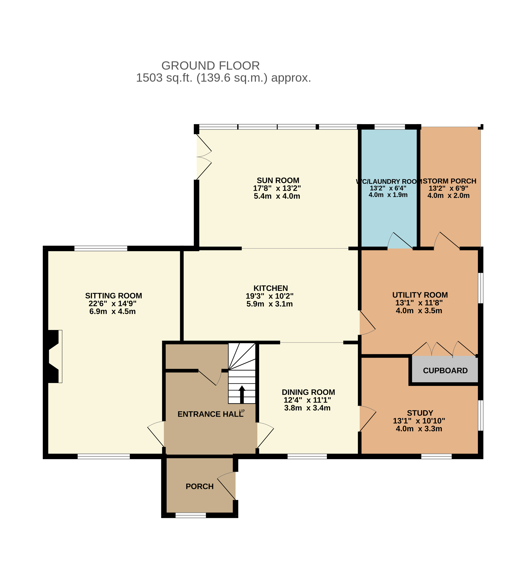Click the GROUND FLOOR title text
tap(210, 66)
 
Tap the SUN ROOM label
tap(278, 180)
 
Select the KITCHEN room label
tap(271, 288)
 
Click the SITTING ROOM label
tap(114, 296)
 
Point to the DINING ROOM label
tap(308, 392)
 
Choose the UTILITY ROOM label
tap(420, 295)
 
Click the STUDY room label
tap(420, 413)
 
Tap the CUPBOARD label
tap(445, 371)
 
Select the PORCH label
tap(200, 486)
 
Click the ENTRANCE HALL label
tap(210, 414)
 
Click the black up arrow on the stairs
tap(242, 394)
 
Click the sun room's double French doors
tap(204, 157)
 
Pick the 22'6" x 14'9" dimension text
tap(112, 304)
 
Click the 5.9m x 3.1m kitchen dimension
tap(270, 304)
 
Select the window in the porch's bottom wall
tap(191, 515)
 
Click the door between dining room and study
tap(368, 419)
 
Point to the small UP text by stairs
tap(242, 411)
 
